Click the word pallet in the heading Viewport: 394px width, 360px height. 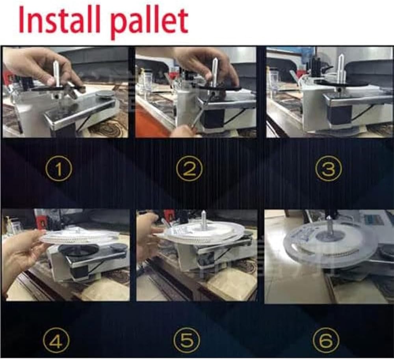(x=149, y=22)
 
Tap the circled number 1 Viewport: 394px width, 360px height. (x=59, y=169)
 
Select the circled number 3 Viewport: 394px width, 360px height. (x=329, y=169)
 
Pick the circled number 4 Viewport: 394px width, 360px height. (x=56, y=341)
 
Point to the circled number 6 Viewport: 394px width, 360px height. (x=326, y=341)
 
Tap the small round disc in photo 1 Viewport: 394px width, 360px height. (x=105, y=95)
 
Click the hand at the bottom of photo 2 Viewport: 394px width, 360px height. (x=182, y=131)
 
